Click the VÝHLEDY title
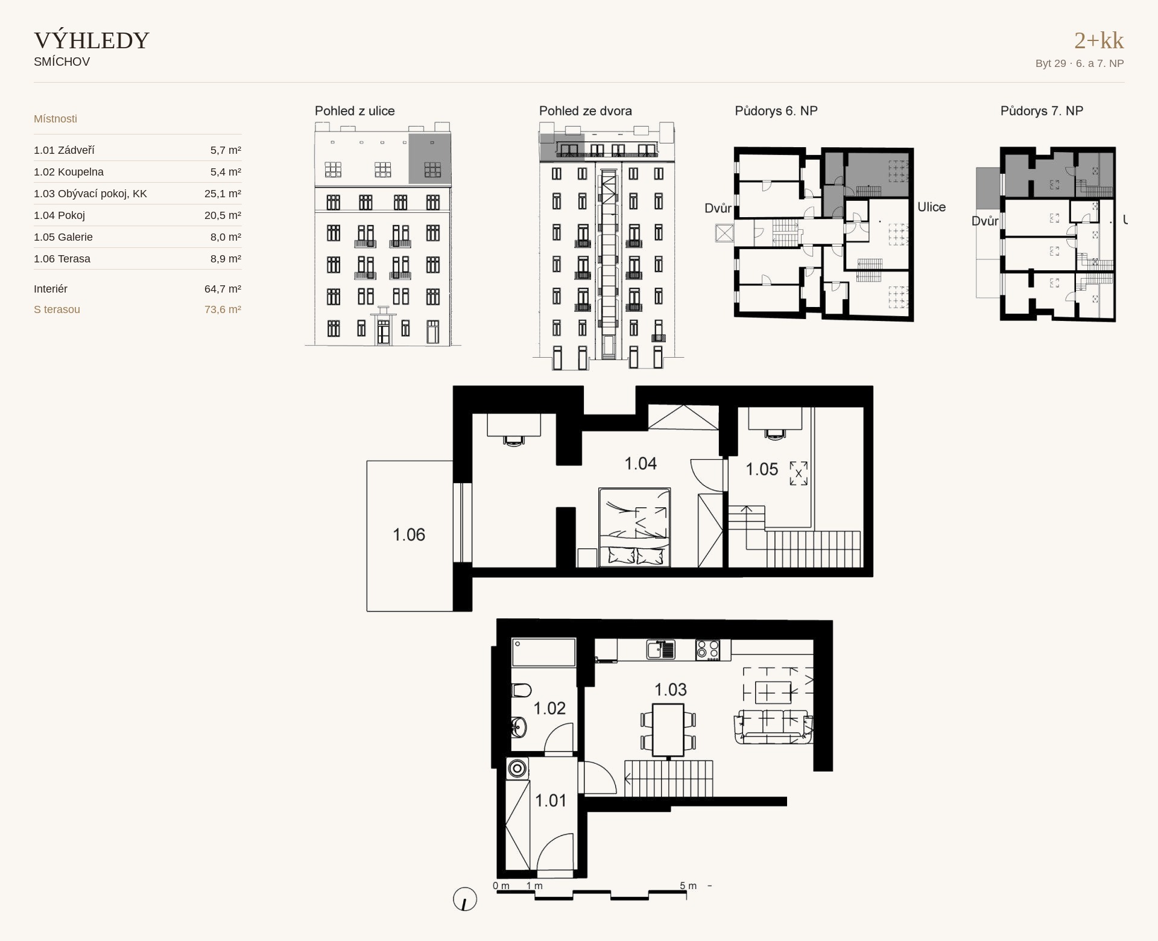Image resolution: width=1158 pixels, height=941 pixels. pyautogui.click(x=92, y=40)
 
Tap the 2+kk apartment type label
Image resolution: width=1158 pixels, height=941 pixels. pyautogui.click(x=1099, y=40)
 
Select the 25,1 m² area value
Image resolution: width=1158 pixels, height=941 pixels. pyautogui.click(x=223, y=194)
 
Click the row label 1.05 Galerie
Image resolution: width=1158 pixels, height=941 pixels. pyautogui.click(x=63, y=237)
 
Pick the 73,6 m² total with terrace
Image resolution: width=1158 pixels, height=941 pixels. pyautogui.click(x=223, y=309)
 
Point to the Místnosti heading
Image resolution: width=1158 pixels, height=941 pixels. pyautogui.click(x=55, y=119)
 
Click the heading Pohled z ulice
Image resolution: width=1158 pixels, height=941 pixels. pyautogui.click(x=355, y=111)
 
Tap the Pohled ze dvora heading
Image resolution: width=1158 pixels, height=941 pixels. pyautogui.click(x=586, y=111)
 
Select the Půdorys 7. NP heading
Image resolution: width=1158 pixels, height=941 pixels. pyautogui.click(x=1042, y=111)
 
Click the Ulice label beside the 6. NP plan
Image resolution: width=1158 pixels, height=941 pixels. pyautogui.click(x=931, y=207)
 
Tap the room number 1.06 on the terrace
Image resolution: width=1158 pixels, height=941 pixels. pyautogui.click(x=409, y=534)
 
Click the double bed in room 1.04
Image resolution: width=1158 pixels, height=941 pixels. pyautogui.click(x=634, y=527)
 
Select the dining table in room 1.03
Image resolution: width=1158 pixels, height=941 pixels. pyautogui.click(x=668, y=729)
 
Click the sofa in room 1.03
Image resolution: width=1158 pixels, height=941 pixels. pyautogui.click(x=773, y=726)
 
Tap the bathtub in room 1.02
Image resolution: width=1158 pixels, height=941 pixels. pyautogui.click(x=543, y=653)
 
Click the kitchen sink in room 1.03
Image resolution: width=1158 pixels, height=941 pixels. pyautogui.click(x=661, y=650)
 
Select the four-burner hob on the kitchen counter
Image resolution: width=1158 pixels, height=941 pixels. pyautogui.click(x=707, y=650)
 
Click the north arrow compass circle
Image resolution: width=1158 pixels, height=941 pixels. pyautogui.click(x=465, y=899)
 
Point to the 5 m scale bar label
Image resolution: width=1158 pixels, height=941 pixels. pyautogui.click(x=688, y=886)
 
